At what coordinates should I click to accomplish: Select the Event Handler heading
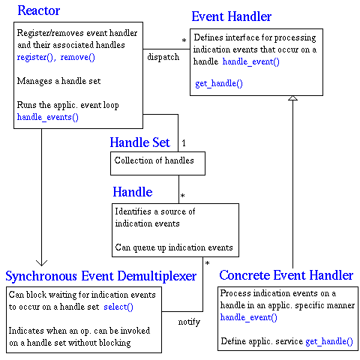pyautogui.click(x=232, y=16)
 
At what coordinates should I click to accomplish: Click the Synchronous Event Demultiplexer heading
pyautogui.click(x=100, y=276)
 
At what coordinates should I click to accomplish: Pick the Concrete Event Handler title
pyautogui.click(x=286, y=276)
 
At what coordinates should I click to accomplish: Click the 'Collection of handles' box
pyautogui.click(x=157, y=160)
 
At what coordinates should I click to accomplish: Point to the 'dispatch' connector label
pyautogui.click(x=164, y=57)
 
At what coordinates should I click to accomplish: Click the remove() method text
pyautogui.click(x=78, y=57)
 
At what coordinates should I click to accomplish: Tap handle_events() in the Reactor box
pyautogui.click(x=47, y=117)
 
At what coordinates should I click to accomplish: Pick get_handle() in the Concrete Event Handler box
pyautogui.click(x=328, y=341)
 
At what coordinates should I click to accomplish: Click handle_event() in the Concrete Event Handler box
pyautogui.click(x=248, y=317)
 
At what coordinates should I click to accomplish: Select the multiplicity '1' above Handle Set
pyautogui.click(x=184, y=142)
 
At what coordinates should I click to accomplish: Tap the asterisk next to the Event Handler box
pyautogui.click(x=184, y=40)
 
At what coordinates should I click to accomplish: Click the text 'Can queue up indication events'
pyautogui.click(x=173, y=247)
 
